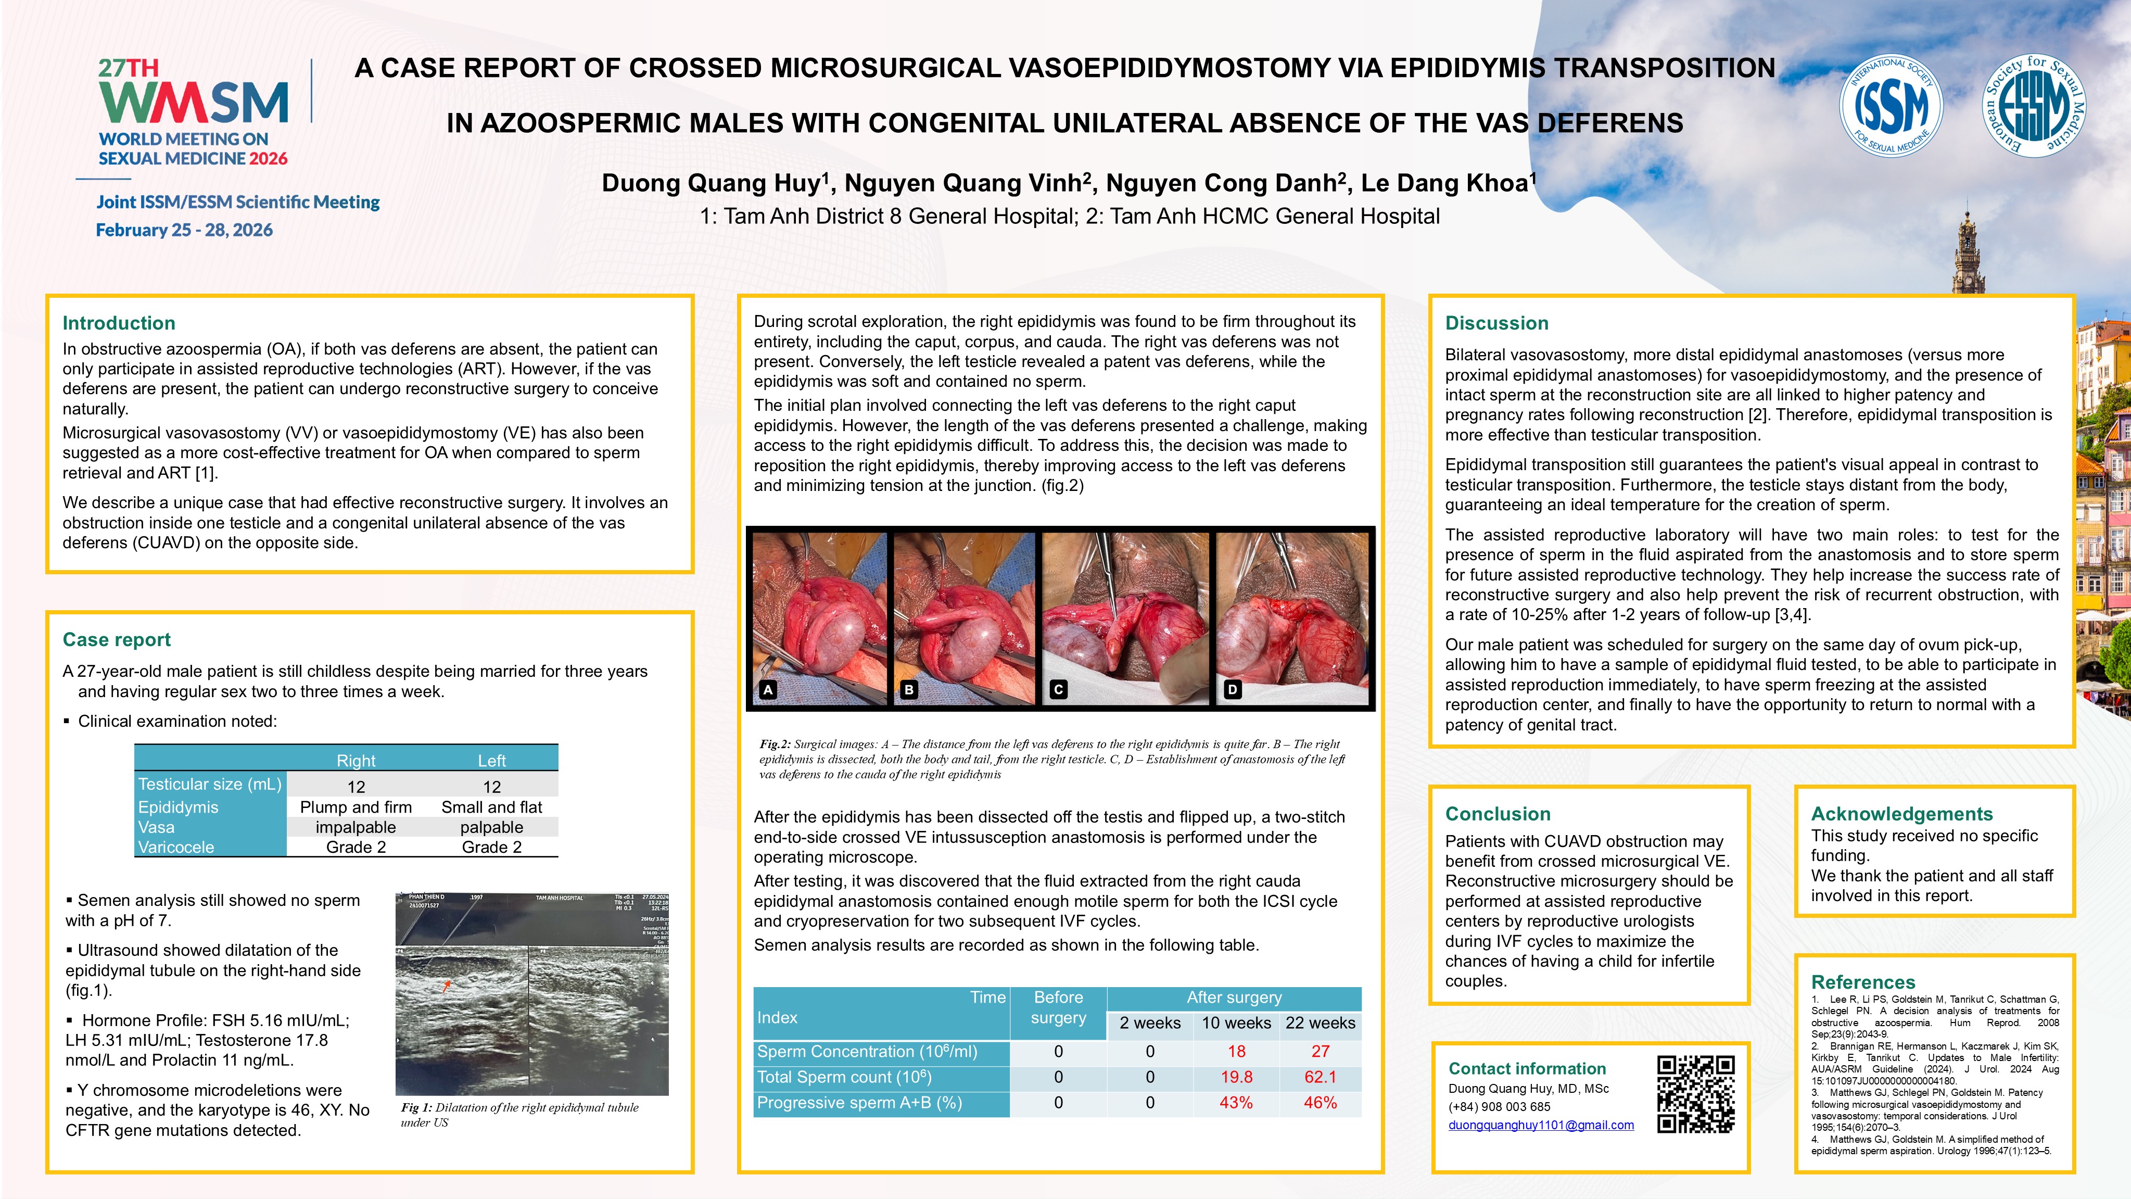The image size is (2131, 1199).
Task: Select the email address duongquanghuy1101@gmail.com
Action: tap(1540, 1126)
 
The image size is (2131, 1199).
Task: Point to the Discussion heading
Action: tap(1496, 323)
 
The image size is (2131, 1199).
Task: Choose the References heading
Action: tap(1863, 982)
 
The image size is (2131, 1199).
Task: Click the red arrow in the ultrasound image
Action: tap(448, 985)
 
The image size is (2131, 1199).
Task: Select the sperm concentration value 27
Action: tap(1320, 1052)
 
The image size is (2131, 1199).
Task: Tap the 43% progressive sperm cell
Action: tap(1236, 1103)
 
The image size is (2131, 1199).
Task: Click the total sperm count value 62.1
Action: tap(1320, 1077)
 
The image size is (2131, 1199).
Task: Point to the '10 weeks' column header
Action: tap(1236, 1024)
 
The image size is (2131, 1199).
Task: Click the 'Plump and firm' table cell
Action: tap(356, 807)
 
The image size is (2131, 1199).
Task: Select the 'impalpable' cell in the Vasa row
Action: tap(356, 827)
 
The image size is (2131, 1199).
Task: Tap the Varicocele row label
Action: tap(176, 848)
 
